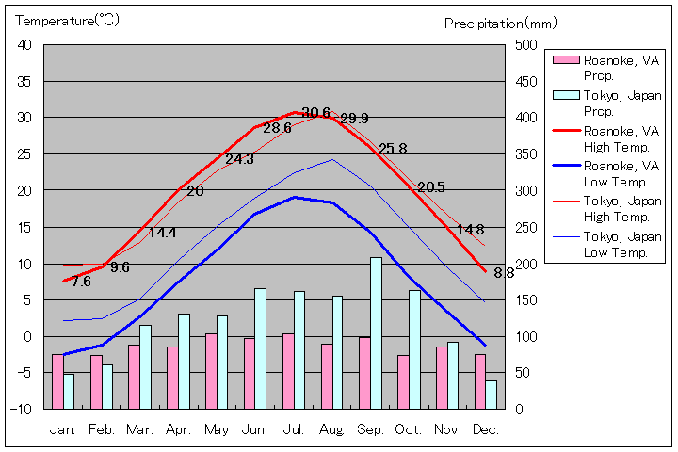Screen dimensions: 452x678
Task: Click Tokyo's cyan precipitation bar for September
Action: click(376, 332)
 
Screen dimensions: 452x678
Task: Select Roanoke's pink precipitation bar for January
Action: click(57, 381)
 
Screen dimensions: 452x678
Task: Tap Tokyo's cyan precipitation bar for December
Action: click(492, 395)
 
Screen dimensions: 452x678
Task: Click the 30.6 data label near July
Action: click(316, 113)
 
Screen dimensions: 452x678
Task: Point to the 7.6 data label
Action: click(81, 281)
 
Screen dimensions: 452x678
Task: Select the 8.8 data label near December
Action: click(504, 273)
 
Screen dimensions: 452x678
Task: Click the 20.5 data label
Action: click(430, 186)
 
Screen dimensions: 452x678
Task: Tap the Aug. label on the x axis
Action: click(332, 428)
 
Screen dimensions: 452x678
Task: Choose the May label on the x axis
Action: click(217, 428)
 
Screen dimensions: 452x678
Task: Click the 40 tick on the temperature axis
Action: click(24, 45)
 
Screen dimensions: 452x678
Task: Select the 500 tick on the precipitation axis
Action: click(525, 45)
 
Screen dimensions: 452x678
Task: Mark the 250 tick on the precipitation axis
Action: click(525, 227)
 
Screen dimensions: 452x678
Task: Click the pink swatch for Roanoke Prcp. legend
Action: click(565, 60)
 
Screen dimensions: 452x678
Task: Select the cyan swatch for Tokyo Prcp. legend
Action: click(565, 95)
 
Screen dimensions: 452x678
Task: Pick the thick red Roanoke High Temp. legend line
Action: click(565, 131)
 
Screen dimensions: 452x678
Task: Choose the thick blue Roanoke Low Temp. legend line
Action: click(565, 167)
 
